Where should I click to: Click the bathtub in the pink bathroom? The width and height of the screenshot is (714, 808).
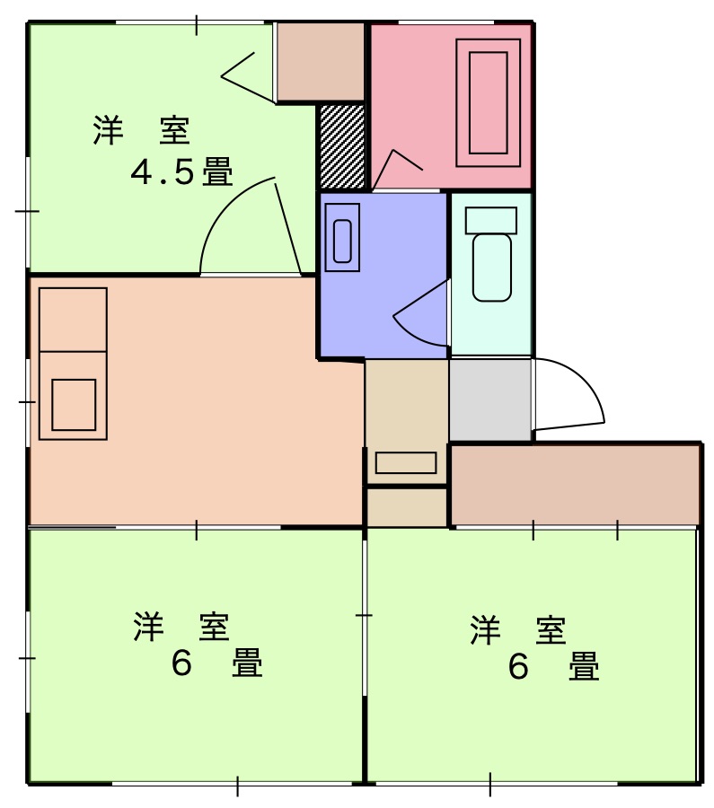489,101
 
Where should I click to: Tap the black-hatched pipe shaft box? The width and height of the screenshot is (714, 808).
342,146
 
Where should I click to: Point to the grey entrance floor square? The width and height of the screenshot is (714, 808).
490,400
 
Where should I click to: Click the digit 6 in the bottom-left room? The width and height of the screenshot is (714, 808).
182,665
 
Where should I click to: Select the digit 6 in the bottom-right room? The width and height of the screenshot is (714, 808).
518,667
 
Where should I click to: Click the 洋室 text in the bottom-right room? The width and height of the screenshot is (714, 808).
518,630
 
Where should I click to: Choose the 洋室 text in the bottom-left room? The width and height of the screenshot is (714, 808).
182,628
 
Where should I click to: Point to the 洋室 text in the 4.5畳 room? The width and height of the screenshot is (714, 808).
141,131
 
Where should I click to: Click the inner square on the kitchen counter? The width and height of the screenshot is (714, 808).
74,404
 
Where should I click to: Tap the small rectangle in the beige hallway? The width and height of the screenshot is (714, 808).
406,462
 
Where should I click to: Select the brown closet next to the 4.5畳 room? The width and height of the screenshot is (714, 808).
320,62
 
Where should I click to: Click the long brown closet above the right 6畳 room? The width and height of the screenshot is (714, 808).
575,484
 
